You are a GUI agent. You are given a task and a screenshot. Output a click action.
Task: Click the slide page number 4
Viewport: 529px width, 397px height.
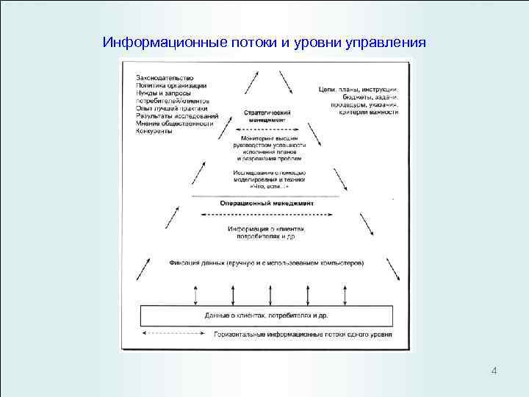click(x=494, y=370)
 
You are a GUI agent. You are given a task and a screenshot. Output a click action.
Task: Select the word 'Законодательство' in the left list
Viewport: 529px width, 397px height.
click(x=165, y=77)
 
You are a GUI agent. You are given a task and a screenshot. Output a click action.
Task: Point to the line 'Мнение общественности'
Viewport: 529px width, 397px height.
click(x=174, y=124)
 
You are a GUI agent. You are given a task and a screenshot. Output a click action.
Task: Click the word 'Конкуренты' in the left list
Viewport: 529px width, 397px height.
click(x=154, y=132)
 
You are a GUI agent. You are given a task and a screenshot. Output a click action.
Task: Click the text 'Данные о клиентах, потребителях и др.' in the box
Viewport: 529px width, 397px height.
click(x=267, y=315)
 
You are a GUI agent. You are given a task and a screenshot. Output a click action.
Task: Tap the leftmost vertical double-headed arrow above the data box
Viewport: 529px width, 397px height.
click(x=195, y=292)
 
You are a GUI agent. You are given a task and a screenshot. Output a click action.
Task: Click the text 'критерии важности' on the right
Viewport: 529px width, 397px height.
click(x=369, y=112)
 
